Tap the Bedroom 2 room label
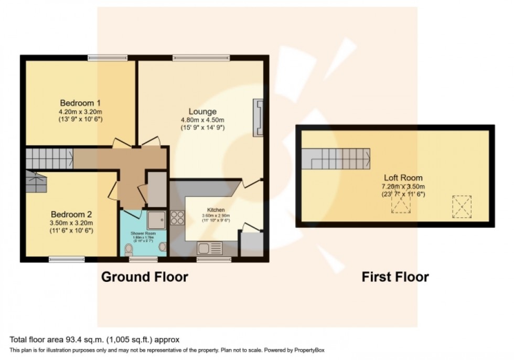coord(71,214)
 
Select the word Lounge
coord(202,111)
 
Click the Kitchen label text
coord(215,210)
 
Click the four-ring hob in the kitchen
coord(177,217)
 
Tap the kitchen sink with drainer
coord(210,247)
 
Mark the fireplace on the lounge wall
coord(258,118)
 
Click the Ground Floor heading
coord(144,277)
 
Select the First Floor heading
coord(395,277)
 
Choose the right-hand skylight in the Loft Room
coord(462,206)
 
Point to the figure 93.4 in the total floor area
coord(62,340)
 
